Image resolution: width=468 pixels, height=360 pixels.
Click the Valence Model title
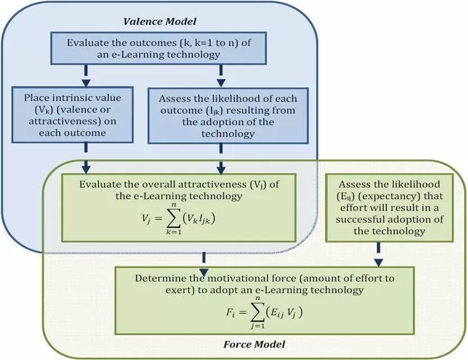tap(160, 22)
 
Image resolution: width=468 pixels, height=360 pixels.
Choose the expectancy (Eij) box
tap(378, 208)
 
